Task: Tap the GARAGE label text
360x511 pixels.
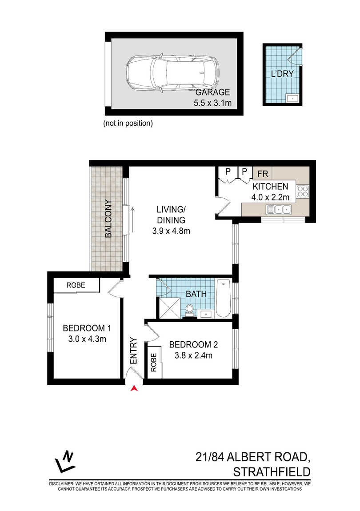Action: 212,92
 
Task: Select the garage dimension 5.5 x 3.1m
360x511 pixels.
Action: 212,103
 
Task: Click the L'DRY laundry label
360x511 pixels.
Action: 282,74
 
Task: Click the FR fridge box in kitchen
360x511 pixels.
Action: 263,174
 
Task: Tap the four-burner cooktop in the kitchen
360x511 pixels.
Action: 303,192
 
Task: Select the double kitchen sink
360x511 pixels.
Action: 279,210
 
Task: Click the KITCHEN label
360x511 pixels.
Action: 271,187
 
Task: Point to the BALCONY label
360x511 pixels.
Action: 108,218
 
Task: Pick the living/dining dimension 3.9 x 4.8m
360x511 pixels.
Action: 171,231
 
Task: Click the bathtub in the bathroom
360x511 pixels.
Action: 224,298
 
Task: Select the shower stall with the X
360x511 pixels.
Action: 169,307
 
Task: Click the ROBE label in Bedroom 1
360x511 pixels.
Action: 76,285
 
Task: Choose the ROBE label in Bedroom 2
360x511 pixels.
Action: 154,363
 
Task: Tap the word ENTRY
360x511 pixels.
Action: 134,351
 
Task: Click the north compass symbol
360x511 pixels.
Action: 65,462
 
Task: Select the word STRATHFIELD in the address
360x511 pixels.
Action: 272,472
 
